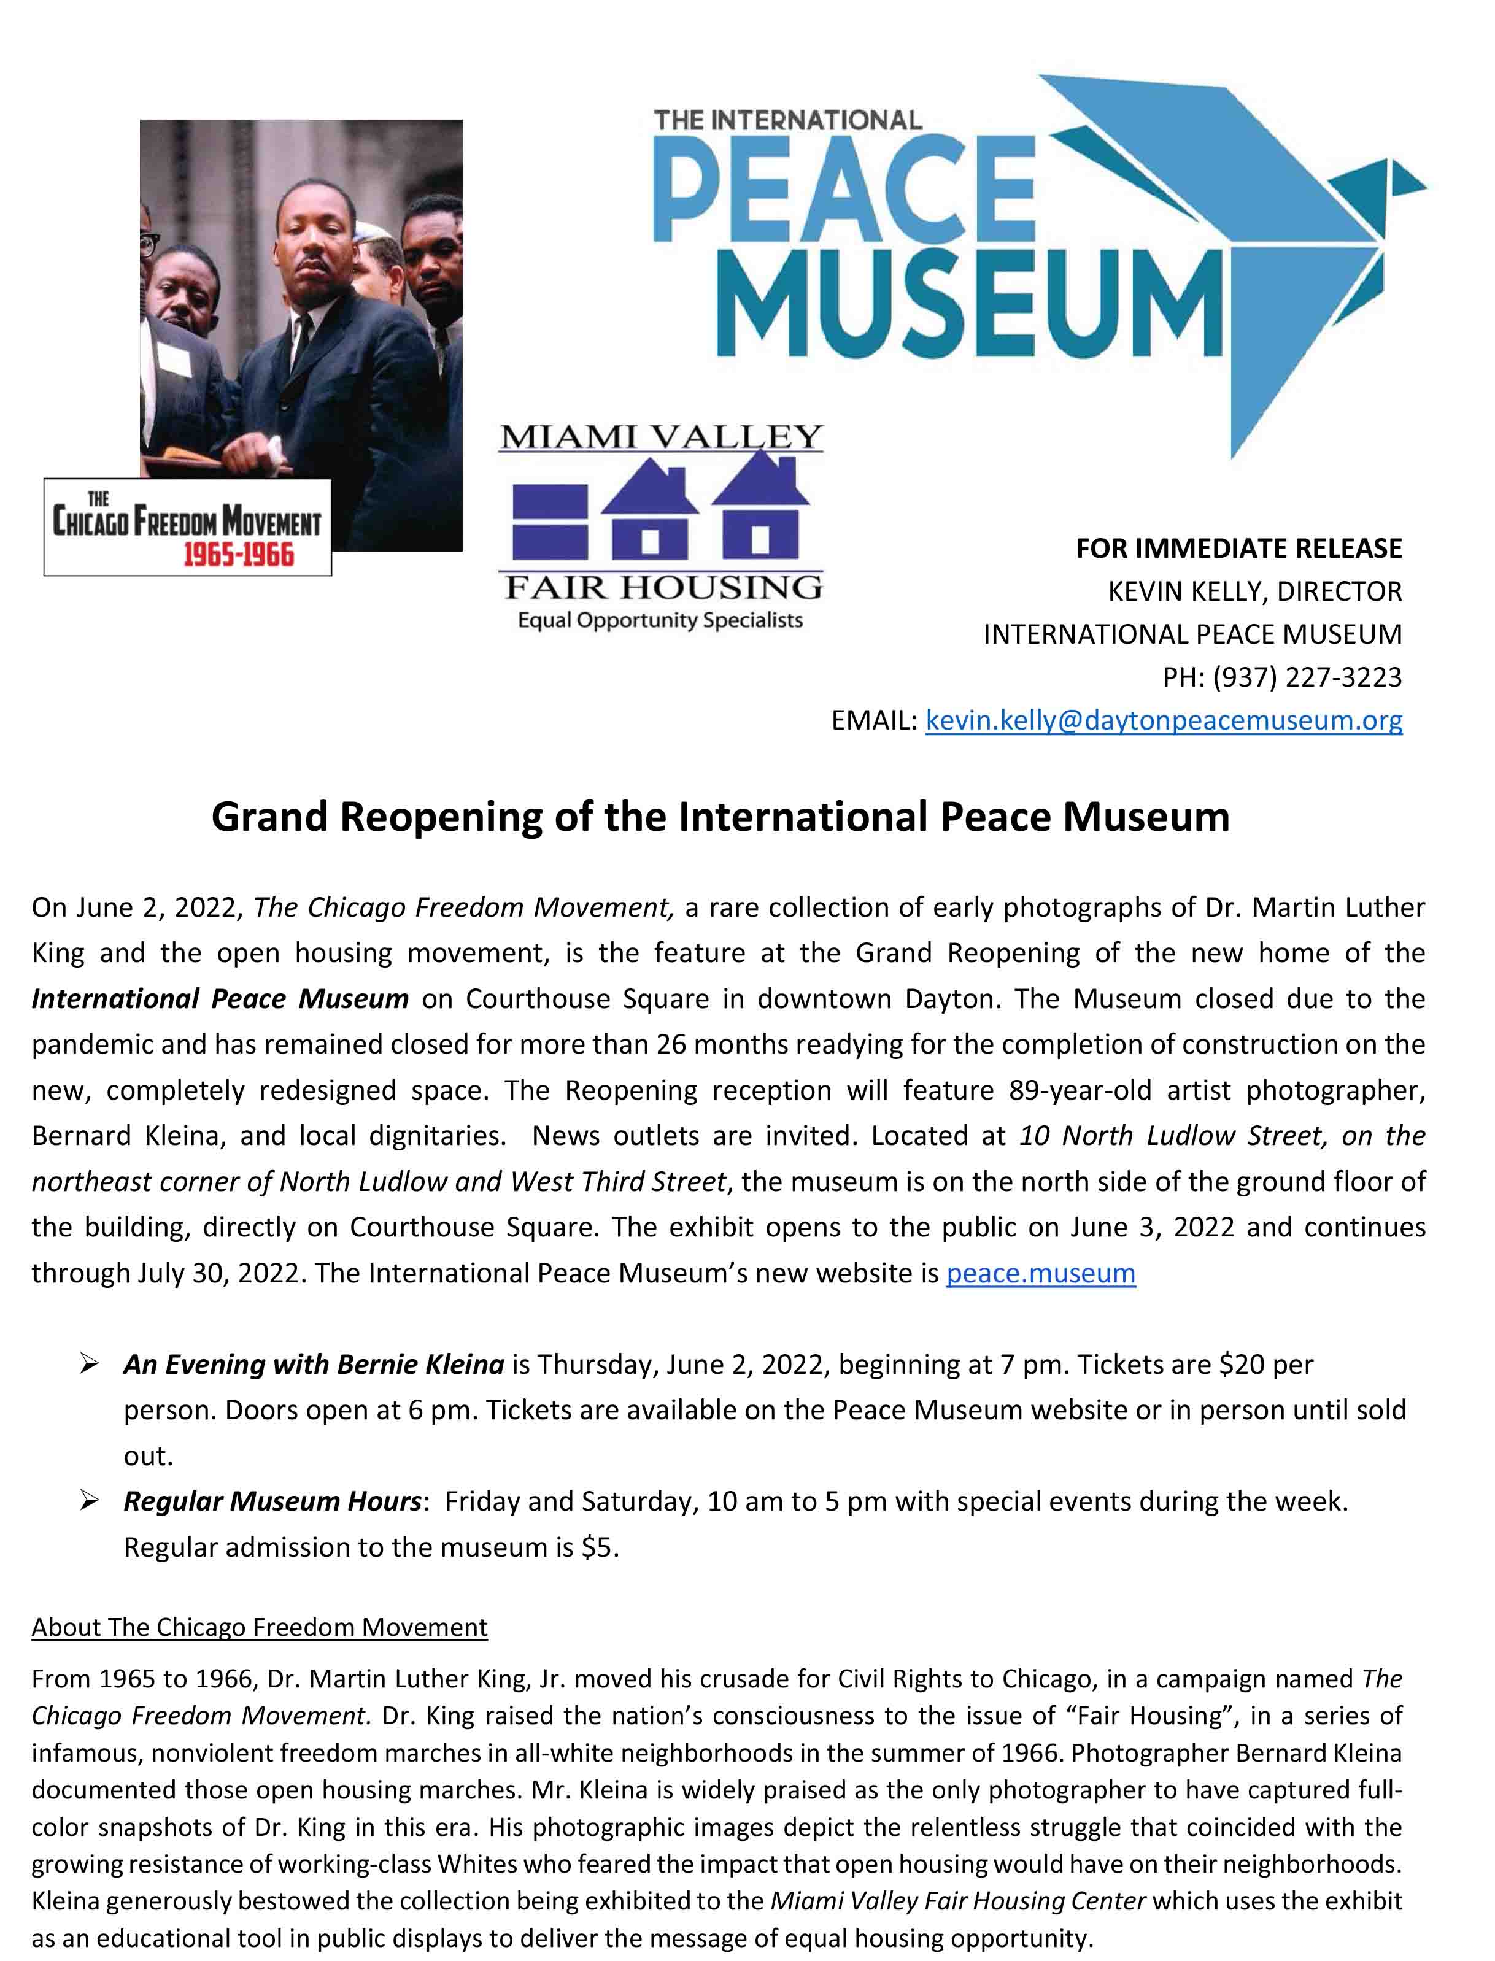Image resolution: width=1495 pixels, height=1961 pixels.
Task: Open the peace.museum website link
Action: click(1040, 1273)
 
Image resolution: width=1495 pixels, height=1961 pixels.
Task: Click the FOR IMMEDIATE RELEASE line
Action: click(1238, 548)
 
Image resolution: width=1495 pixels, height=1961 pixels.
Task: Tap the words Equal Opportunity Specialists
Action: click(660, 620)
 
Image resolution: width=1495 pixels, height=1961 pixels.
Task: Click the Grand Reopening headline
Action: click(720, 816)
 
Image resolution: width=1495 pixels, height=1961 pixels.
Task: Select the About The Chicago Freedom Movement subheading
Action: click(259, 1627)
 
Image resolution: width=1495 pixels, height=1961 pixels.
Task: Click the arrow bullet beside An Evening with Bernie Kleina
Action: click(89, 1364)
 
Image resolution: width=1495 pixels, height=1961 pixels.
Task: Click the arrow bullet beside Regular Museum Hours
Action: click(89, 1501)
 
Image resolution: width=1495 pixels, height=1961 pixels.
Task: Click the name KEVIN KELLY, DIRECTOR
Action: click(1254, 591)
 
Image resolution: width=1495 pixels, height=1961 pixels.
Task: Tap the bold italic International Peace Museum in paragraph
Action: click(220, 999)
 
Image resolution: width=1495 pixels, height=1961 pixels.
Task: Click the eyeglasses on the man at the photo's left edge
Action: click(148, 241)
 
